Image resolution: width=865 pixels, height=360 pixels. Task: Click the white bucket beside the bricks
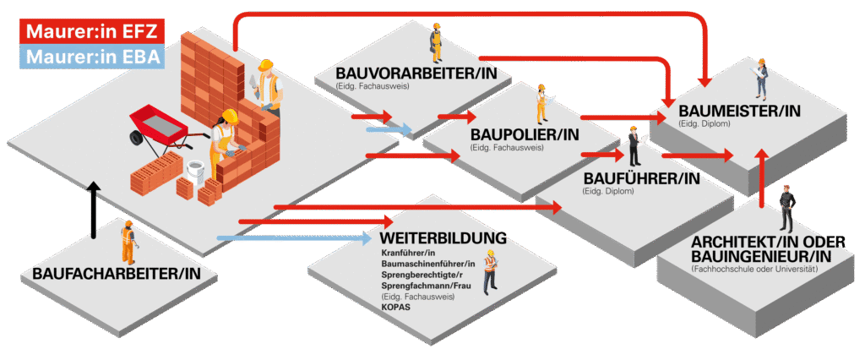194,173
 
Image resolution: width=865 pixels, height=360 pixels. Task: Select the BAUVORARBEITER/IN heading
422,73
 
